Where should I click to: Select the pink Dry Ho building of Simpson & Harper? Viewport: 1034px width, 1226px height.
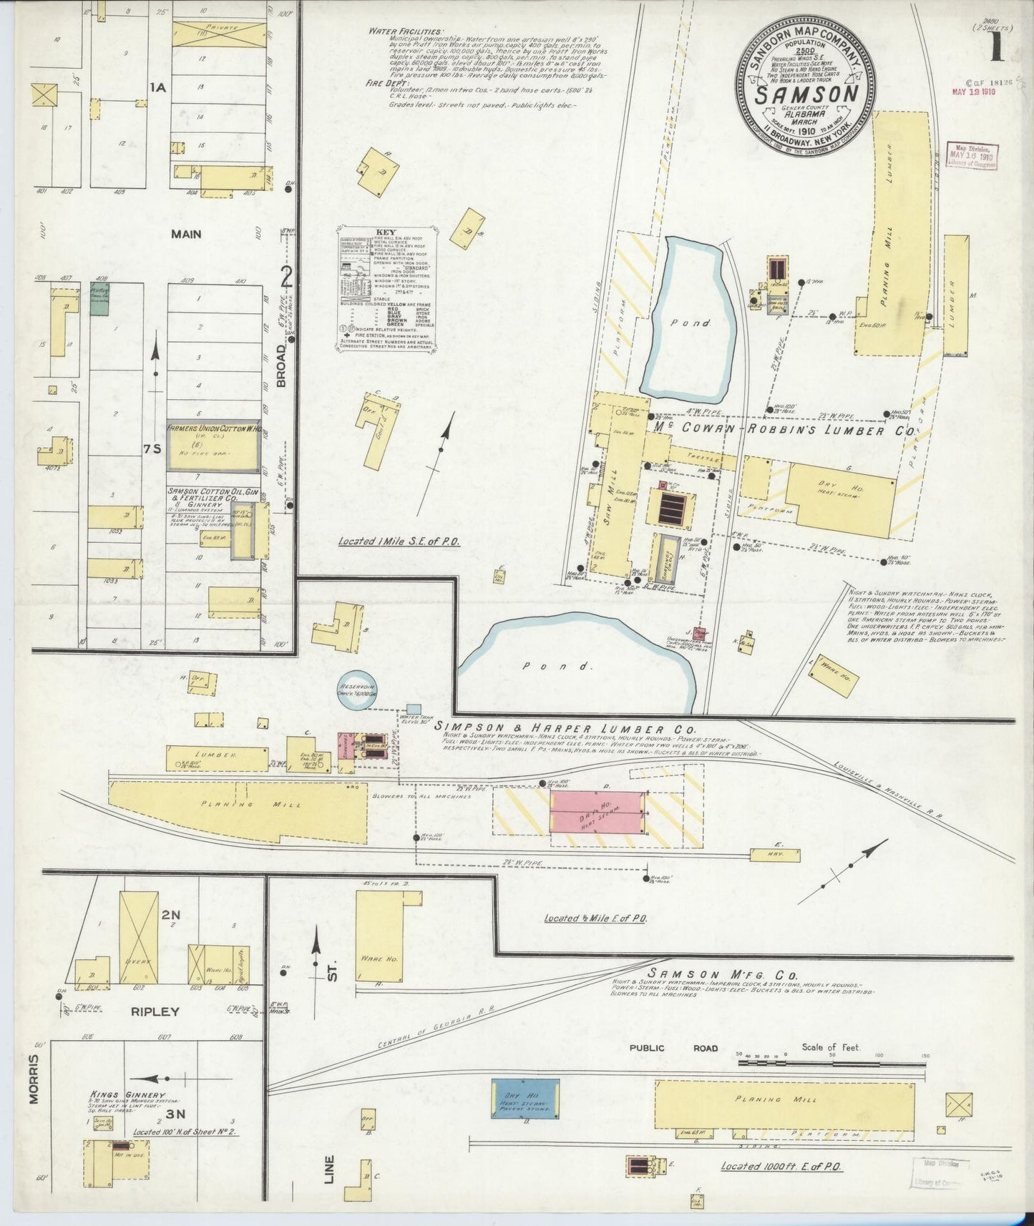tap(597, 812)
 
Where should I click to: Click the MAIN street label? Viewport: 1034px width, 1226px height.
tap(186, 234)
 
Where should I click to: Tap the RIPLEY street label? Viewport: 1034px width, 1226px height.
tap(155, 1011)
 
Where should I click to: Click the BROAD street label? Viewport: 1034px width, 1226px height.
tap(282, 365)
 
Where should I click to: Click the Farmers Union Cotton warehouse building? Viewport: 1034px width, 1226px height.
tap(213, 446)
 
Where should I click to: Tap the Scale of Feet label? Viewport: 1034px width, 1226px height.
tap(831, 1047)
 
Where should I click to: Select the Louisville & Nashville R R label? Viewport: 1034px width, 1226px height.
tap(888, 788)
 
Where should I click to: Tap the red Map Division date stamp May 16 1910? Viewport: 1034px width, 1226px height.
tap(972, 155)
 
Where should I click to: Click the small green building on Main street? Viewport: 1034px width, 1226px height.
tap(99, 300)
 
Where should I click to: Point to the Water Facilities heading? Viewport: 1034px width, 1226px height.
tap(405, 31)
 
